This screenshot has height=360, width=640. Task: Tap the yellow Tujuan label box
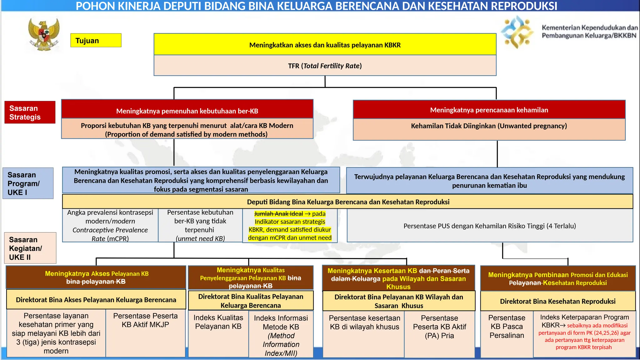pyautogui.click(x=96, y=41)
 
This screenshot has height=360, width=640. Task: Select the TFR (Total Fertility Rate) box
pyautogui.click(x=325, y=66)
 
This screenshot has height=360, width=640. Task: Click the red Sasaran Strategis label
pyautogui.click(x=30, y=112)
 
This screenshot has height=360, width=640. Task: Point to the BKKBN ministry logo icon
pyautogui.click(x=517, y=32)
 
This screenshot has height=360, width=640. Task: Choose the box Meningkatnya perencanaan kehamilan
pyautogui.click(x=489, y=110)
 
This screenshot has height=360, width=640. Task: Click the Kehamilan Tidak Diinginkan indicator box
pyautogui.click(x=489, y=129)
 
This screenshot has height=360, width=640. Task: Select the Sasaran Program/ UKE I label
pyautogui.click(x=28, y=183)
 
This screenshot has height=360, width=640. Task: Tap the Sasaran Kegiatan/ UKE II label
pyautogui.click(x=30, y=248)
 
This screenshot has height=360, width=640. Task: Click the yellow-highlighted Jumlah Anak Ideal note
pyautogui.click(x=290, y=226)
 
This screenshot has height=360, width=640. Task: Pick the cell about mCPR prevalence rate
pyautogui.click(x=110, y=226)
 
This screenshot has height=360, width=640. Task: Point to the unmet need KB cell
pyautogui.click(x=200, y=226)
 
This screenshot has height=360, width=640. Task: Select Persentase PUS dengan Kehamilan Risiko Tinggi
pyautogui.click(x=489, y=226)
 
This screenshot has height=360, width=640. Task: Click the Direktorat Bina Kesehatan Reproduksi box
pyautogui.click(x=557, y=301)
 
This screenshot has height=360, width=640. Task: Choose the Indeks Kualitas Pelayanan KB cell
pyautogui.click(x=218, y=333)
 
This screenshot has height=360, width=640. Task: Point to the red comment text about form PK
pyautogui.click(x=584, y=337)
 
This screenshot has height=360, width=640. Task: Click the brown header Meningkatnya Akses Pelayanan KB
pyautogui.click(x=96, y=277)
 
